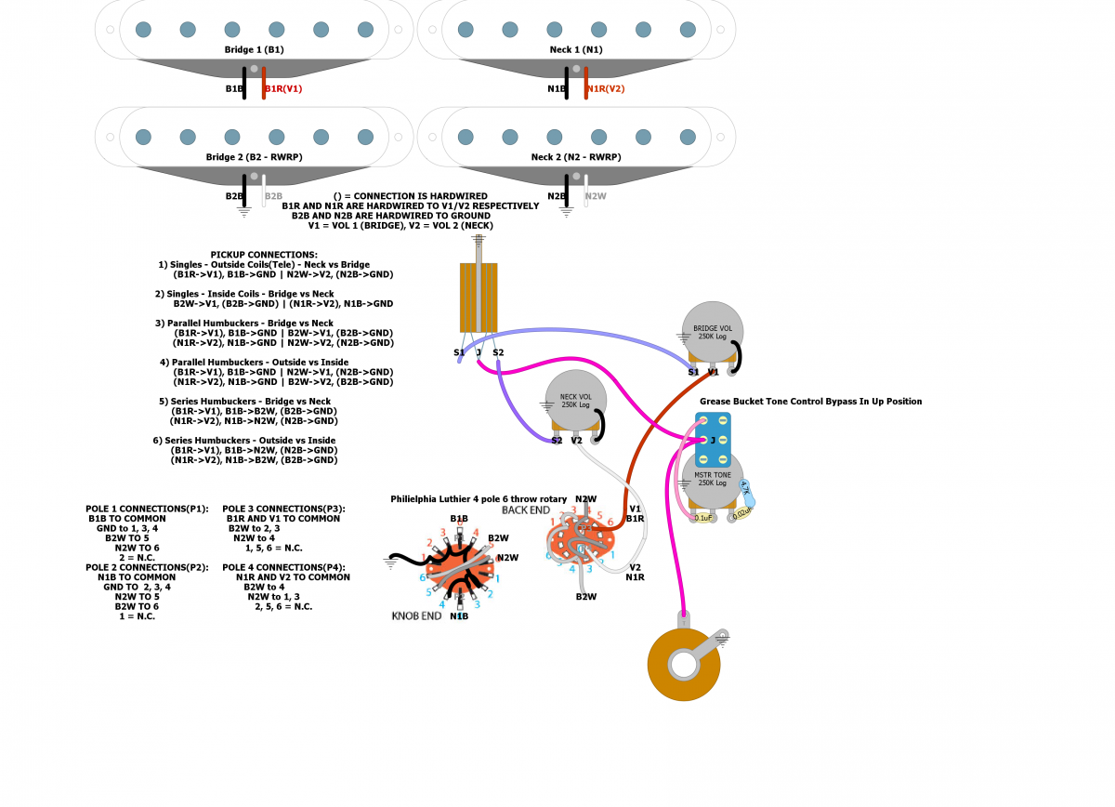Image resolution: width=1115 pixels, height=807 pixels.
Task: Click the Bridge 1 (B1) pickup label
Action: click(x=255, y=49)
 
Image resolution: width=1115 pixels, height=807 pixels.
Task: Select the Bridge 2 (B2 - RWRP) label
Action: click(x=255, y=157)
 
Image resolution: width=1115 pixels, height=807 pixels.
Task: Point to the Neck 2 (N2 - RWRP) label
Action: click(x=576, y=157)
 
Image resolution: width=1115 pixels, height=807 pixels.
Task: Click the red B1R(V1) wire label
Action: click(x=283, y=89)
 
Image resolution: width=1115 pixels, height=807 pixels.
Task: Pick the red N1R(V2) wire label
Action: click(x=605, y=89)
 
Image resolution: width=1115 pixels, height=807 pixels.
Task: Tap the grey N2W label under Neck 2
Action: click(x=596, y=197)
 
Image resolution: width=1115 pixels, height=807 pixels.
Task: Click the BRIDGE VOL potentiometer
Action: click(x=713, y=333)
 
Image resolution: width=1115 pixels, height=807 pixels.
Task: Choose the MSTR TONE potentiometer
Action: click(x=713, y=479)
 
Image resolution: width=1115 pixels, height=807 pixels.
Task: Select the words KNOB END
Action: click(x=416, y=615)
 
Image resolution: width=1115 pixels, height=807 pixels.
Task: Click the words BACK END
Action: click(x=526, y=510)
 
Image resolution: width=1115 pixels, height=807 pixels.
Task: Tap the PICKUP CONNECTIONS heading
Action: click(x=264, y=254)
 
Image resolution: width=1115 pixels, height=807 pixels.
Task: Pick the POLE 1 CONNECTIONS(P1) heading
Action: click(x=147, y=509)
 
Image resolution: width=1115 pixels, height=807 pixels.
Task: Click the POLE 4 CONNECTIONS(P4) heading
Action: click(x=284, y=566)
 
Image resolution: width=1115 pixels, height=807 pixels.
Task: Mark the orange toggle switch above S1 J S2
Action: click(x=479, y=296)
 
